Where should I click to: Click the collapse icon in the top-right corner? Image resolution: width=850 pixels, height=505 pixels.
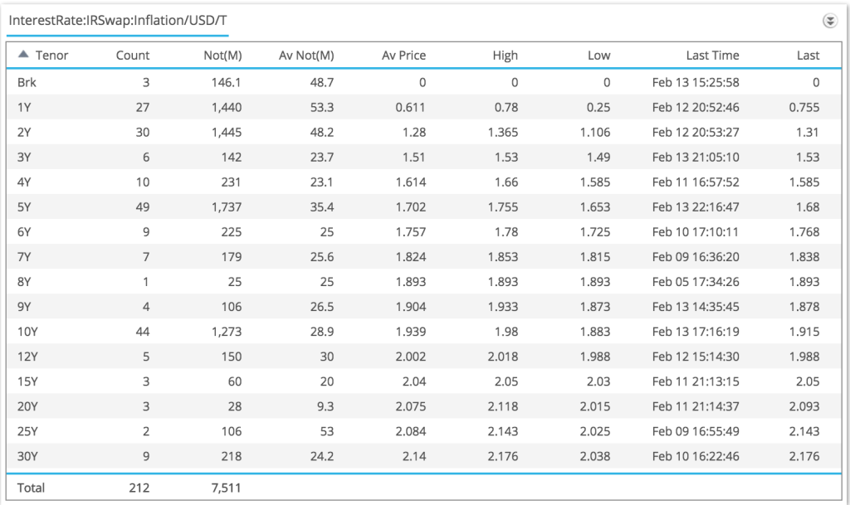click(x=828, y=21)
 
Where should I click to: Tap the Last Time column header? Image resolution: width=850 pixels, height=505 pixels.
click(x=712, y=56)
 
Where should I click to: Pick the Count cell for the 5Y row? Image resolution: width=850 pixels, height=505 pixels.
click(x=142, y=206)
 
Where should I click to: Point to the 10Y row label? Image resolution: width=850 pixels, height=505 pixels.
click(x=27, y=331)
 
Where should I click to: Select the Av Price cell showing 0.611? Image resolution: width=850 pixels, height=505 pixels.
click(x=409, y=107)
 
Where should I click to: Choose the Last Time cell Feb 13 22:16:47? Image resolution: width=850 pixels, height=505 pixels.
click(x=696, y=206)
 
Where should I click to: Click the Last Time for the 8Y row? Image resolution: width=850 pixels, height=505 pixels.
click(x=696, y=281)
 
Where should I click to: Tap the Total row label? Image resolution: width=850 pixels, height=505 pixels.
click(x=31, y=488)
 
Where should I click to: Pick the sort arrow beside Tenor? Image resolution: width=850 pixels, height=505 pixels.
click(x=23, y=55)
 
